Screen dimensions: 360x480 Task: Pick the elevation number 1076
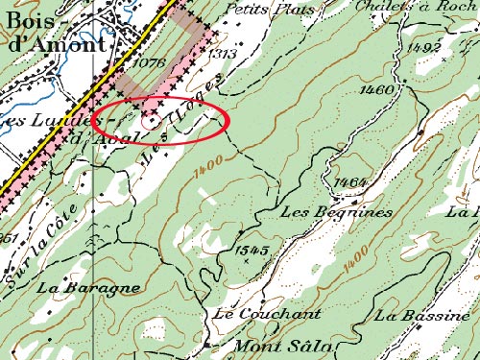150,63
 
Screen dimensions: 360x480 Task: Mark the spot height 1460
378,89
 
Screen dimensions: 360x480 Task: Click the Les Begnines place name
325,210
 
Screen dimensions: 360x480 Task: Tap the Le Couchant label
267,314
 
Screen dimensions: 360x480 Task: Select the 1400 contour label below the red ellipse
206,169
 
